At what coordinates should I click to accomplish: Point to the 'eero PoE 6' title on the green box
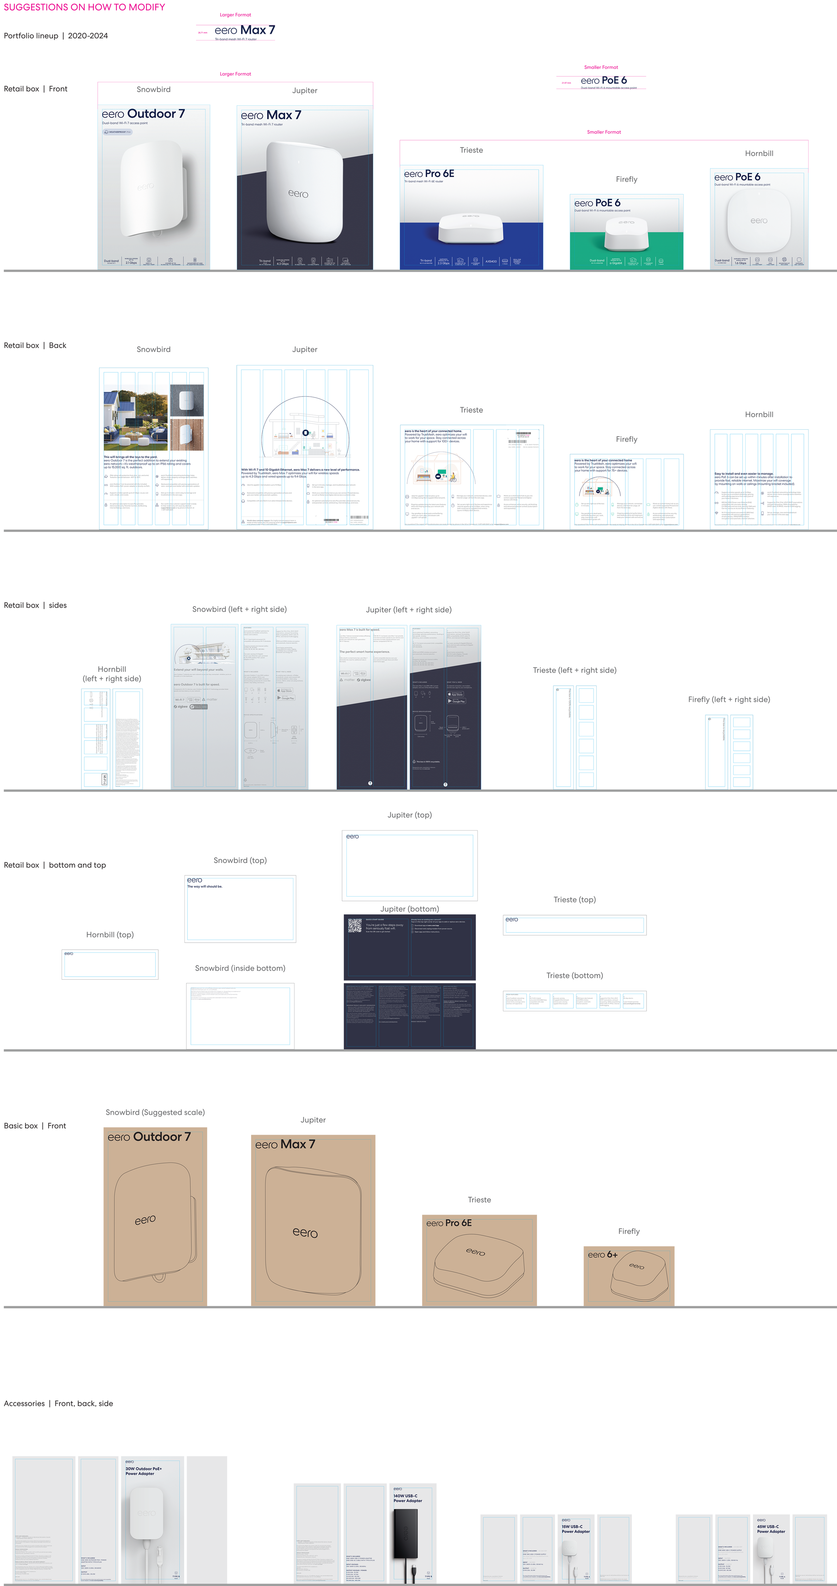[597, 203]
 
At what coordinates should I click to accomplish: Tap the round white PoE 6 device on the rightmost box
[758, 220]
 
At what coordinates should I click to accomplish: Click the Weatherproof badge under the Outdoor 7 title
[117, 132]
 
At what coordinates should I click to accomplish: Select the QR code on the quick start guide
[355, 926]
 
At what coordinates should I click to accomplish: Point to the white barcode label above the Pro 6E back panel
[524, 438]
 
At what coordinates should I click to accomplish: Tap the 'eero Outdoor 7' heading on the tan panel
[149, 1137]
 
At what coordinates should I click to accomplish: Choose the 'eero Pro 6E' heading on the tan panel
[449, 1223]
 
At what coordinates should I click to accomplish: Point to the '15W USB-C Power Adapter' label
[575, 1529]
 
